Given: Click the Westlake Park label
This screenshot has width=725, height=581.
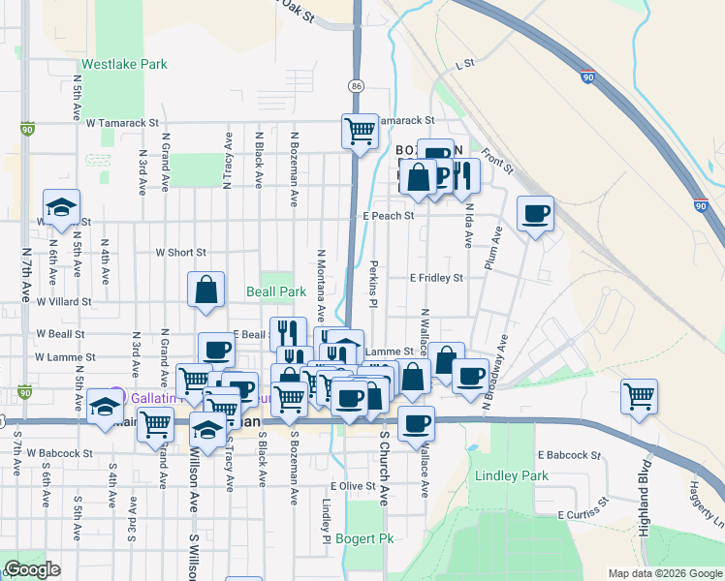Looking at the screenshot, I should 124,65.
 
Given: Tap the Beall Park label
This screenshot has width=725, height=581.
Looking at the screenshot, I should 276,291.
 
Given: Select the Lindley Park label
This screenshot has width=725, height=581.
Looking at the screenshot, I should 512,475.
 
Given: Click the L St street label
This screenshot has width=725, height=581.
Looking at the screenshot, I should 463,64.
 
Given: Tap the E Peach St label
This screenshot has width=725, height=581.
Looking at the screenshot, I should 389,216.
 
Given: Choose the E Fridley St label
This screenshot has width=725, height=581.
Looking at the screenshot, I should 436,278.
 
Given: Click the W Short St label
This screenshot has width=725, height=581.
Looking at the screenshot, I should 181,253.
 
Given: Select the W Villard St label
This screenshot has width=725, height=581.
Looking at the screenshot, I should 64,301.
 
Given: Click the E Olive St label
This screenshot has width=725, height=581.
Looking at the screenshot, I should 353,486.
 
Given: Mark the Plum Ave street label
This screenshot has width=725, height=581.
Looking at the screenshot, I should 494,250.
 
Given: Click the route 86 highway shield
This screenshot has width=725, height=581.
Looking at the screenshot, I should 357,87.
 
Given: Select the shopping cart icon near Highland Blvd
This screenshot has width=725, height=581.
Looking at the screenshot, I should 640,395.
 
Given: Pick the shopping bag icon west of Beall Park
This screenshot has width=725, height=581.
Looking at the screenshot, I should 207,290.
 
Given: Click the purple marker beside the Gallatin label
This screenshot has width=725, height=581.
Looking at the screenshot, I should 116,395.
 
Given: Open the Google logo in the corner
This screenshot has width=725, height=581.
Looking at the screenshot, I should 31,569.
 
